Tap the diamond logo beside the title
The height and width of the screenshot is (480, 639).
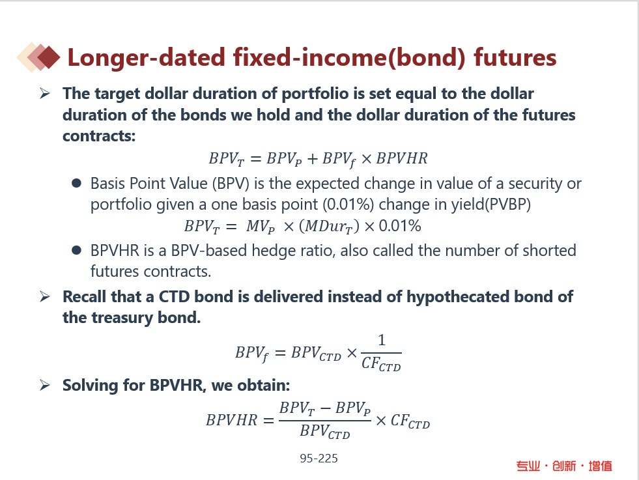point(38,57)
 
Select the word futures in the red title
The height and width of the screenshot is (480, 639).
point(515,57)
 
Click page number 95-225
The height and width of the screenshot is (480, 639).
point(319,459)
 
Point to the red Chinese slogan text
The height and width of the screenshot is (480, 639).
point(564,466)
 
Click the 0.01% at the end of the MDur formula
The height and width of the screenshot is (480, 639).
point(400,226)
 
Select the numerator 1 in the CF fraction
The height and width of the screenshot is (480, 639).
point(382,340)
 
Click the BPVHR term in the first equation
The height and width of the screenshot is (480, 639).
point(402,158)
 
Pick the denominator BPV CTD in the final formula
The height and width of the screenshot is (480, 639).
point(325,432)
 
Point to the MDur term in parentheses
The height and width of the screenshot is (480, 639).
point(330,226)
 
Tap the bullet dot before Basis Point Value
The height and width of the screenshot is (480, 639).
point(76,183)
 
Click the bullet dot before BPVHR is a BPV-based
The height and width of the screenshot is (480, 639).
point(76,250)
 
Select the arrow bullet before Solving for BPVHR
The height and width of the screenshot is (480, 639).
point(45,385)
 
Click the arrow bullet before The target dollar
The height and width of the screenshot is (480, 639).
point(45,93)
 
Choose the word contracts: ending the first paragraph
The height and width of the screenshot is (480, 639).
point(99,136)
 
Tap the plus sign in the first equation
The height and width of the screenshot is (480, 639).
point(312,158)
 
